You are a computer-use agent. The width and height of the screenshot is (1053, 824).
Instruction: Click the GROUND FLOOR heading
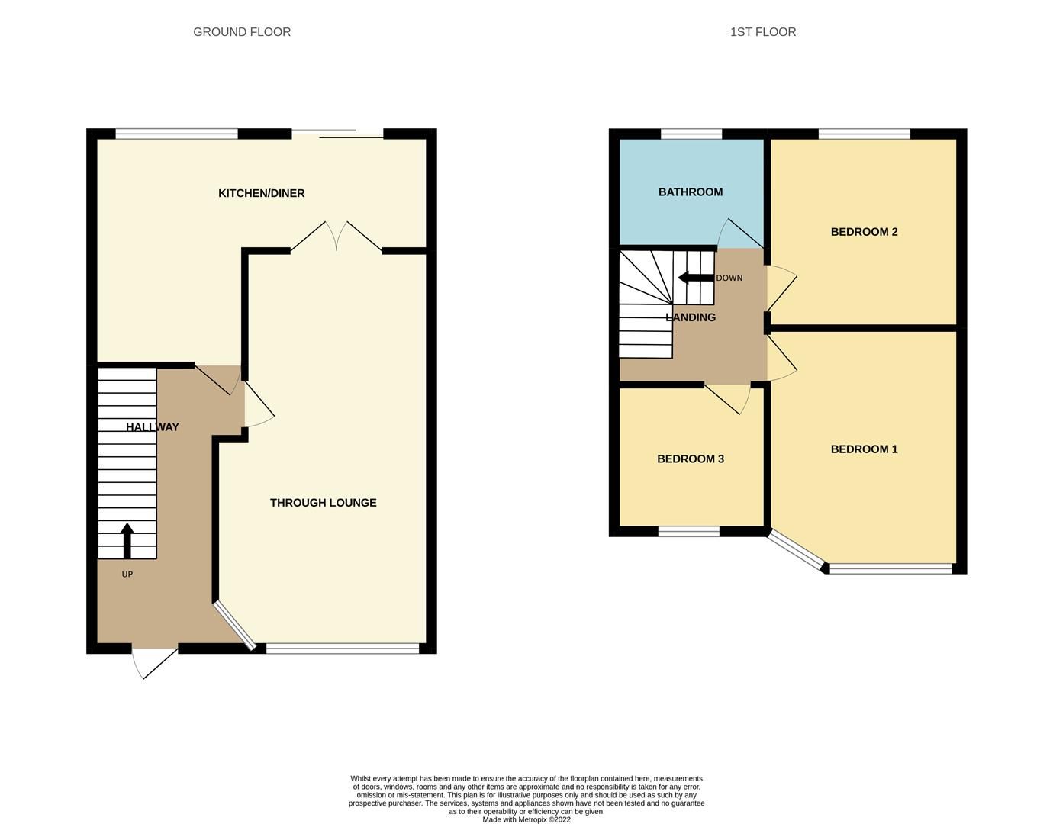pyautogui.click(x=242, y=32)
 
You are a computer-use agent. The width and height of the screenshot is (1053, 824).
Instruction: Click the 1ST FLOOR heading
pyautogui.click(x=762, y=32)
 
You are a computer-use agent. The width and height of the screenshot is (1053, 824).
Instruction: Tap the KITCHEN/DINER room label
pyautogui.click(x=261, y=193)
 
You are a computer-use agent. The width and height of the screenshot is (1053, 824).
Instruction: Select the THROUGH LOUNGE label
pyautogui.click(x=323, y=503)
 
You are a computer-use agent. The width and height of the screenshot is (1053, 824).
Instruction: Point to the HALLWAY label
pyautogui.click(x=152, y=427)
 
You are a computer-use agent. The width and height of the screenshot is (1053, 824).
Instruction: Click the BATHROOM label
pyautogui.click(x=690, y=192)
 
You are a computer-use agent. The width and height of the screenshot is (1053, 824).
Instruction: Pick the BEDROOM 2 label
pyautogui.click(x=864, y=232)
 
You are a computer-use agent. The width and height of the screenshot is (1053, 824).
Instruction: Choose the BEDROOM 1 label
pyautogui.click(x=864, y=449)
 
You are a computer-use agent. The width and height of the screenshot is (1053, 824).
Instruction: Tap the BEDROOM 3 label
pyautogui.click(x=690, y=459)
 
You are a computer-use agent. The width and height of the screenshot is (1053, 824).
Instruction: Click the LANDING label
pyautogui.click(x=690, y=317)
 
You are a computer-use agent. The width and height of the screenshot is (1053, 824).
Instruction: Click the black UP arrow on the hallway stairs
pyautogui.click(x=127, y=540)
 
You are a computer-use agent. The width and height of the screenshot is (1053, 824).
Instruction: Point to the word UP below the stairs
pyautogui.click(x=127, y=575)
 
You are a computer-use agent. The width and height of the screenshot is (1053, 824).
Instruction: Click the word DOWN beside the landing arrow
pyautogui.click(x=729, y=278)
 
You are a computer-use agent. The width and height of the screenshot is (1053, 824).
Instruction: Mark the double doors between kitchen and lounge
pyautogui.click(x=336, y=237)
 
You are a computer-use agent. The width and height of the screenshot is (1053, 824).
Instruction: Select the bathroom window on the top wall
pyautogui.click(x=691, y=134)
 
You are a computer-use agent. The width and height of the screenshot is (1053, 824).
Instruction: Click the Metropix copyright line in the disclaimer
pyautogui.click(x=526, y=820)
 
